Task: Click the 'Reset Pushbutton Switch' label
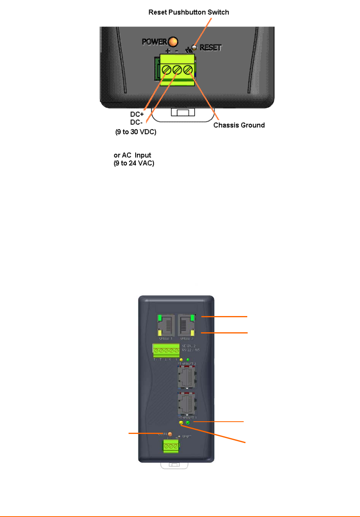coord(188,13)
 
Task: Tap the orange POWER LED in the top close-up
coord(172,41)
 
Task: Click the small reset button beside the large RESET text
coord(194,48)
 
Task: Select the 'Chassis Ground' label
coord(239,125)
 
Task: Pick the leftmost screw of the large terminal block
coord(167,70)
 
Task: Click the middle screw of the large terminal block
coord(177,70)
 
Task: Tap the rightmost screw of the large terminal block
coord(188,70)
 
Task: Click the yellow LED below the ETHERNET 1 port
coord(181,423)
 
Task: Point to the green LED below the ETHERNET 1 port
coord(188,422)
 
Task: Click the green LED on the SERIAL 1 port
coord(160,318)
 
